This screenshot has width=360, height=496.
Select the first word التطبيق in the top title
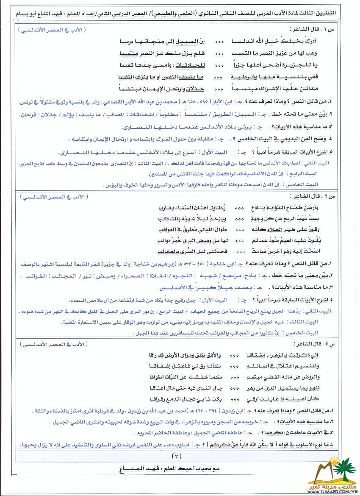point(337,13)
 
